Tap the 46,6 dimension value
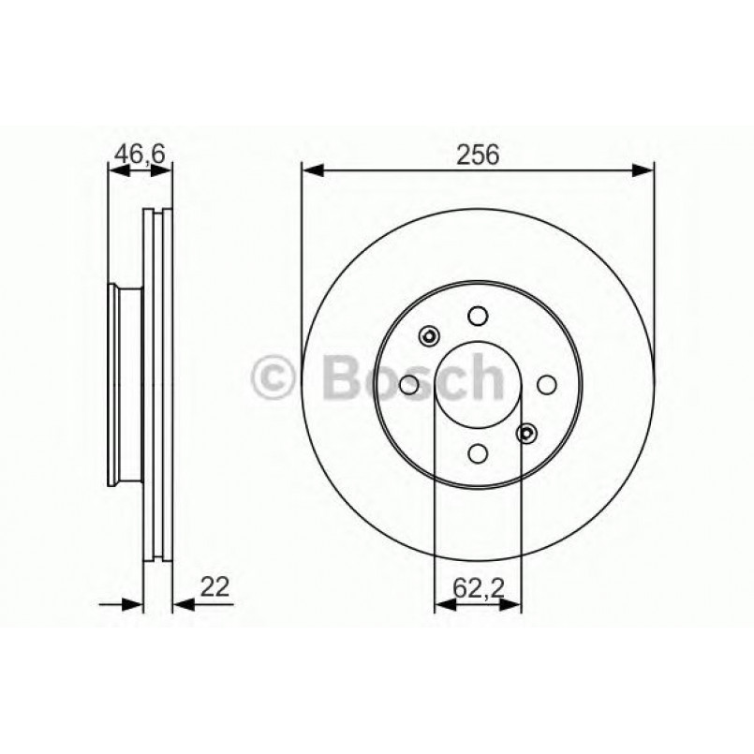[x=140, y=153]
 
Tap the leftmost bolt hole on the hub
[x=409, y=384]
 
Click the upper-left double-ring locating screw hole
[x=430, y=336]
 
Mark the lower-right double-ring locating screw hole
[x=527, y=433]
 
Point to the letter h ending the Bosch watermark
[x=486, y=377]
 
